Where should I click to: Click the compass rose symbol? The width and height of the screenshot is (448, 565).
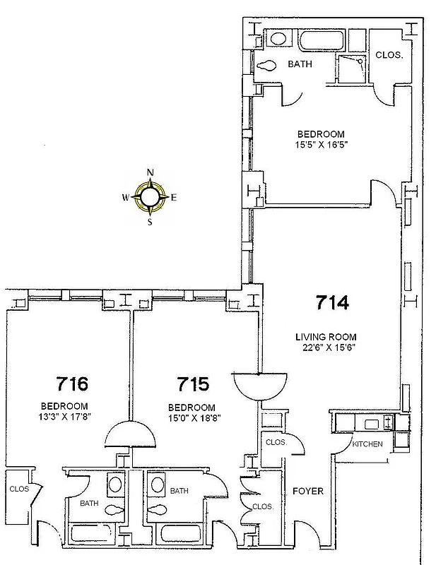pyautogui.click(x=150, y=197)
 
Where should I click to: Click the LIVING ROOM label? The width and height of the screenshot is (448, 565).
pyautogui.click(x=326, y=337)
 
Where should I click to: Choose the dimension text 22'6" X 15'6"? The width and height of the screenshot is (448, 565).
pyautogui.click(x=326, y=347)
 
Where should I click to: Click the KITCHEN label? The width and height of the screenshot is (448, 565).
pyautogui.click(x=367, y=444)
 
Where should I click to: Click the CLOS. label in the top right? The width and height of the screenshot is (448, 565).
pyautogui.click(x=389, y=55)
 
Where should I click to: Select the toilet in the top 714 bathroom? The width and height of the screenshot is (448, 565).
pyautogui.click(x=266, y=66)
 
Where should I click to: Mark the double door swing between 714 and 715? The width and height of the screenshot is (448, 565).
pyautogui.click(x=261, y=386)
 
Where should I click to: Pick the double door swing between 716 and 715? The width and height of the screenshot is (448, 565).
pyautogui.click(x=130, y=434)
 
